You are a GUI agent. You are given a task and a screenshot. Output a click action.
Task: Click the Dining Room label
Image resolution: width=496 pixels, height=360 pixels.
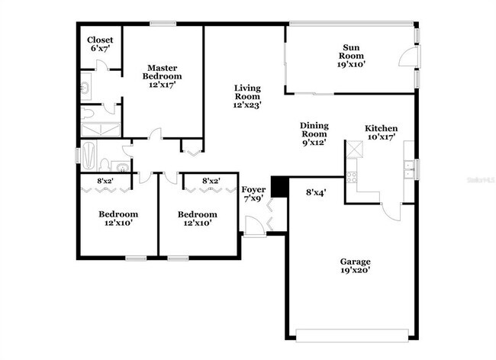[x=313, y=134]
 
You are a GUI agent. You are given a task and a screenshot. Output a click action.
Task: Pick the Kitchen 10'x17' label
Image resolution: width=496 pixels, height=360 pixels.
[x=381, y=133]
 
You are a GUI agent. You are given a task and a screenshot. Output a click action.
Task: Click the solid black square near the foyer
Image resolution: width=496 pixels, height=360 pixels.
[x=279, y=185]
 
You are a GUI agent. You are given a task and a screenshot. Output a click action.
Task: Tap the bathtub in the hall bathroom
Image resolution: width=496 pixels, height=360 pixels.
[x=89, y=156]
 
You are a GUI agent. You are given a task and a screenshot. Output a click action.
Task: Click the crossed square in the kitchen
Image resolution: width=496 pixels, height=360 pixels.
[x=354, y=149]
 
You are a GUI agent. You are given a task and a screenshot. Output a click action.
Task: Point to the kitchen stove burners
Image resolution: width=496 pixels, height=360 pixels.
[x=352, y=177]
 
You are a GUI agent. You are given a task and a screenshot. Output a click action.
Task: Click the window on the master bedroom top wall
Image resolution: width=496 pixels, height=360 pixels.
[x=163, y=24]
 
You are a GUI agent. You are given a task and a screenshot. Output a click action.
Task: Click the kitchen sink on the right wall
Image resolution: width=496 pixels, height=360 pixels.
[x=410, y=168]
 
